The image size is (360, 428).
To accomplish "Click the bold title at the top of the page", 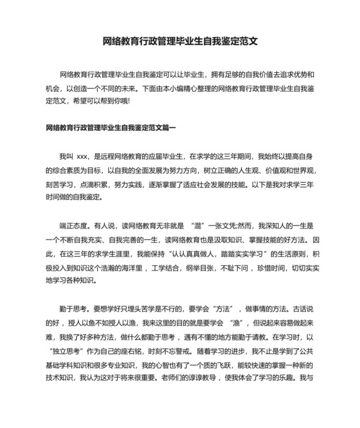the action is click(x=180, y=42).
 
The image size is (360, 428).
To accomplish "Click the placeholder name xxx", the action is click(x=82, y=156).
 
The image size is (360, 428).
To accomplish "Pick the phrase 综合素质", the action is click(x=62, y=170).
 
